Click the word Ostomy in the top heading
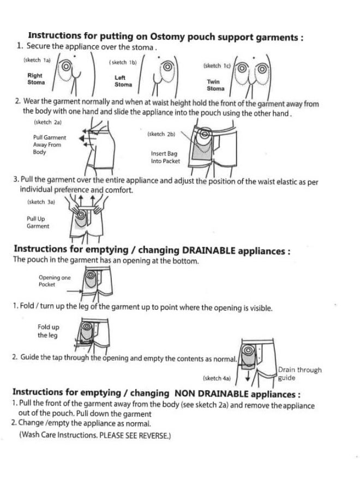167,37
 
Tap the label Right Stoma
36,79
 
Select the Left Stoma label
123,81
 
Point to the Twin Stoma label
215,85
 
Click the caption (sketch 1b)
123,63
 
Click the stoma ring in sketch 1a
66,67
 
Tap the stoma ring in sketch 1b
167,67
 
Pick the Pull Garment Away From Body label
50,145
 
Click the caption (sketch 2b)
161,134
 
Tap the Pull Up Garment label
38,223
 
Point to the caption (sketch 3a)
41,202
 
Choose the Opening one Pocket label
55,281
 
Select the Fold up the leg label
48,331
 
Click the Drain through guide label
299,374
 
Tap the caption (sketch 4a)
217,378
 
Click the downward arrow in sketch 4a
248,375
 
